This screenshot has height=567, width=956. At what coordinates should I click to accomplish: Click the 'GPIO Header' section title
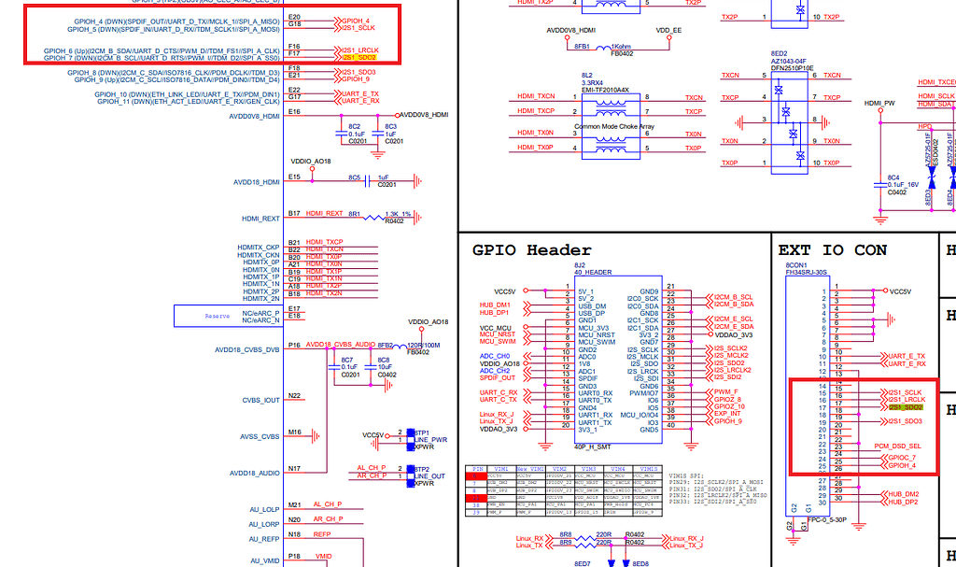point(531,250)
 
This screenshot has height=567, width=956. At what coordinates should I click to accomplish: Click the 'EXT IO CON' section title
point(832,250)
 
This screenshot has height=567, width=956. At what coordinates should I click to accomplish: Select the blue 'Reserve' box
point(218,316)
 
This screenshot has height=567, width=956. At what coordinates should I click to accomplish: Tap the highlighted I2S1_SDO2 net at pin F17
point(358,58)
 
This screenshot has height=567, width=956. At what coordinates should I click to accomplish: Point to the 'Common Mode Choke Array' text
point(614,126)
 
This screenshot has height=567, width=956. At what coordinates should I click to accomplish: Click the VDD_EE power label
point(668,30)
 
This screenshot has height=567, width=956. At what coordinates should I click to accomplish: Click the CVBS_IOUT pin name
point(260,400)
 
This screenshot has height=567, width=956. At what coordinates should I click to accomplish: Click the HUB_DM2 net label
point(903,493)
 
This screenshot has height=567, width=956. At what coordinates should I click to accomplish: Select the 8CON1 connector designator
point(794,265)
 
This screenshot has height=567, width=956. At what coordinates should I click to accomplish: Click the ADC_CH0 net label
point(495,356)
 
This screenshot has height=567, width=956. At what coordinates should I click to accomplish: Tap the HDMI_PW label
point(879,103)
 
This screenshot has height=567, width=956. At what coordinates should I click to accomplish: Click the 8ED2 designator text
point(779,53)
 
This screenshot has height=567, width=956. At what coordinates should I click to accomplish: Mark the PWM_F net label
point(725,392)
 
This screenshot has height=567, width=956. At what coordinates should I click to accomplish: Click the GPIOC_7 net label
point(902,458)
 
